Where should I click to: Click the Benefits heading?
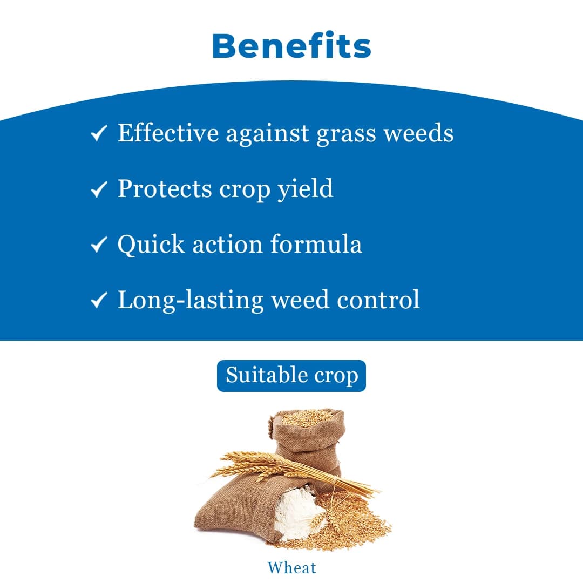pos(291,46)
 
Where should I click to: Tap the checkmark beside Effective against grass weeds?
pos(98,133)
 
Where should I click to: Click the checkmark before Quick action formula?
pos(98,245)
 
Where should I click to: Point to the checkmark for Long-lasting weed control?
pos(98,300)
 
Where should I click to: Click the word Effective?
pos(168,133)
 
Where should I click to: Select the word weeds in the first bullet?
pos(418,133)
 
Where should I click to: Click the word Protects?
pos(165,189)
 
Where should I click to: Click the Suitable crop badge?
pos(291,376)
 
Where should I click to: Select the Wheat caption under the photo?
pos(291,568)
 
